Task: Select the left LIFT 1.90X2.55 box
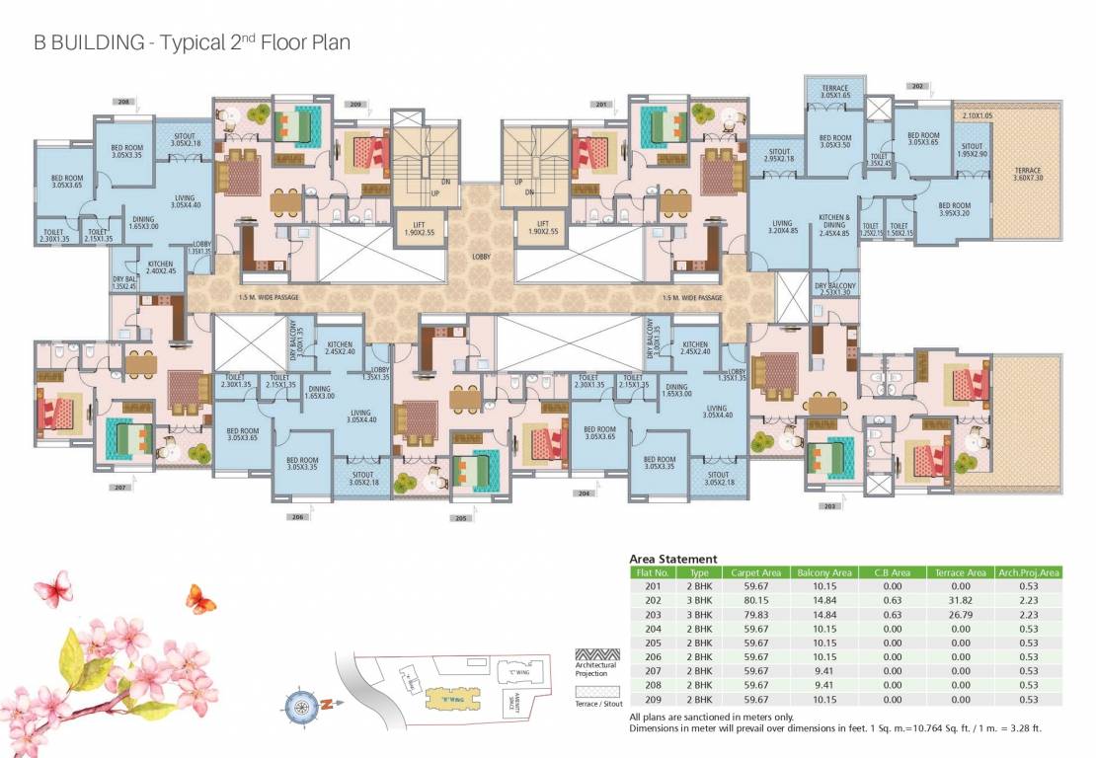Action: click(x=418, y=228)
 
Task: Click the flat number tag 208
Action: click(x=123, y=102)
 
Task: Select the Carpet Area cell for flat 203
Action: click(x=756, y=613)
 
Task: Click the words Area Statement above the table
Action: click(x=673, y=559)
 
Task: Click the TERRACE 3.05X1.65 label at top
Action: click(x=834, y=93)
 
